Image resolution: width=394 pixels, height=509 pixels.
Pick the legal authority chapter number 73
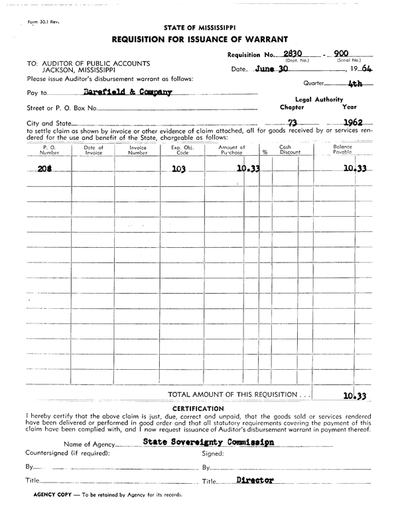coord(291,123)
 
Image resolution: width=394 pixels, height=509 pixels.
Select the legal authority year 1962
coord(358,123)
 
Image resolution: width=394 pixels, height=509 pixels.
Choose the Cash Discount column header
coord(286,150)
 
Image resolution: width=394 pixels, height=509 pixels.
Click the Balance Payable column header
coord(342,150)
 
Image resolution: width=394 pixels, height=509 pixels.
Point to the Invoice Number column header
coord(137,150)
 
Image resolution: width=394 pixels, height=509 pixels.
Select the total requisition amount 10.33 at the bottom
coord(356,396)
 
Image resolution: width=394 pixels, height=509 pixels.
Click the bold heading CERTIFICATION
coord(198,408)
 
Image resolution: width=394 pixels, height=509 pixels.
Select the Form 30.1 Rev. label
coord(44,23)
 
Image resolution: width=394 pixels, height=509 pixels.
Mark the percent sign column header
coord(265,152)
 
